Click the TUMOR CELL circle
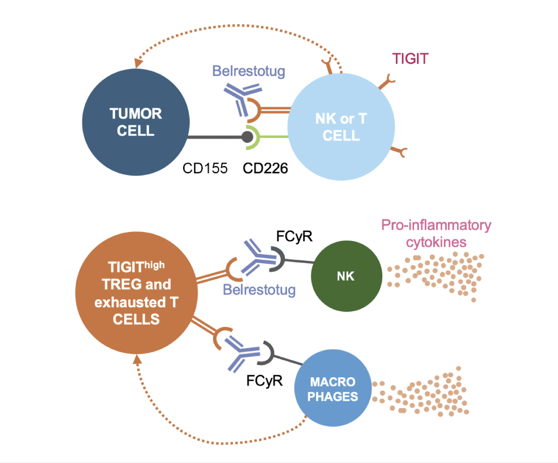136,122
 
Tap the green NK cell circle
346,276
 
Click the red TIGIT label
410,59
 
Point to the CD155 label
205,168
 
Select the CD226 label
265,168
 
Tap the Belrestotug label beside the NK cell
259,290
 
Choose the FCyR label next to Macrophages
264,380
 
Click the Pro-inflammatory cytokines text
436,233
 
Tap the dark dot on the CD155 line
248,137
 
